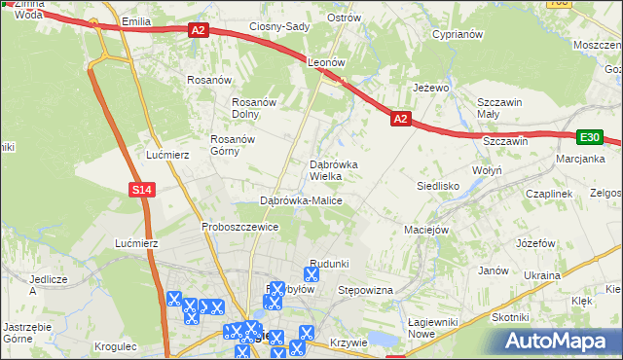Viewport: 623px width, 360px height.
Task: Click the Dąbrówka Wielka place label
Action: click(334, 170)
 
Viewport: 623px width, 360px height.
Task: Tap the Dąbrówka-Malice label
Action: click(301, 200)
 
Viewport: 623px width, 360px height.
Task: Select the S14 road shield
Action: click(142, 190)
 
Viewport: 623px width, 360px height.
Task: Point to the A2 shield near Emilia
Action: click(199, 31)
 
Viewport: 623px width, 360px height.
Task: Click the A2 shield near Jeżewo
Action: click(401, 119)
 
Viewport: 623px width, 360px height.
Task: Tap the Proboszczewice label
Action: click(240, 227)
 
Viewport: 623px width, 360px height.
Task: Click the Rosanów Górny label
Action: click(233, 145)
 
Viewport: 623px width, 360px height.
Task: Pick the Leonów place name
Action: click(327, 61)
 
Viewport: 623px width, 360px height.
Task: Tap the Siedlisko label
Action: click(437, 184)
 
